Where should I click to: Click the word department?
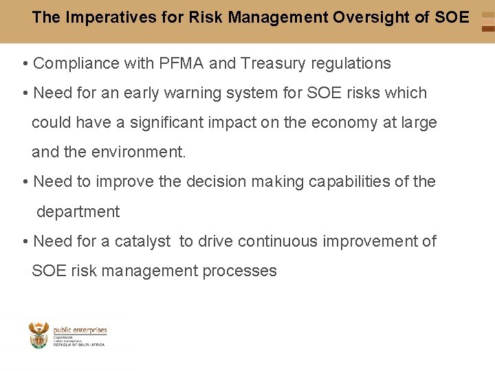click(x=78, y=212)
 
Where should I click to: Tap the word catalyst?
click(x=143, y=241)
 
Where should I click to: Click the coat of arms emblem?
click(x=39, y=336)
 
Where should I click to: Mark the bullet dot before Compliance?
click(x=25, y=65)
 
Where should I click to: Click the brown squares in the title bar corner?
click(x=487, y=22)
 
